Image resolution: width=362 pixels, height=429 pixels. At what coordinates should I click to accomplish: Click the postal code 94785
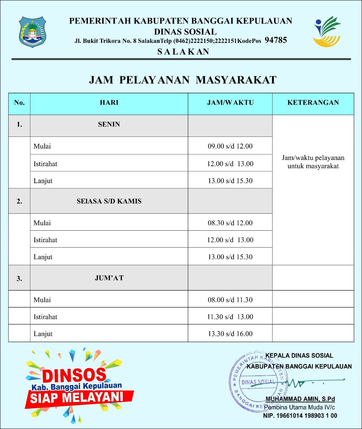pos(276,40)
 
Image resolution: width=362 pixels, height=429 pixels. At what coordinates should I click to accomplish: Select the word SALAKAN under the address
pos(183,51)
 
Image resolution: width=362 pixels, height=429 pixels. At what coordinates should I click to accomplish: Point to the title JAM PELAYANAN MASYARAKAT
pos(183,80)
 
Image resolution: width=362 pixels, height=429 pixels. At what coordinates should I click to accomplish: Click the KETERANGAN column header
pos(313,103)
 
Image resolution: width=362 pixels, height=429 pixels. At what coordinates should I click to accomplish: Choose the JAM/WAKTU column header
pos(230,103)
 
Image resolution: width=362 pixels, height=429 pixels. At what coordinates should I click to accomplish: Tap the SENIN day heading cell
pos(109,124)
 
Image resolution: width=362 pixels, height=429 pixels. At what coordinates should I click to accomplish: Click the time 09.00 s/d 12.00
pos(230,146)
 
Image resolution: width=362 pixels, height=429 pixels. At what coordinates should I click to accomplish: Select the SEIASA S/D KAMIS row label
pos(109,201)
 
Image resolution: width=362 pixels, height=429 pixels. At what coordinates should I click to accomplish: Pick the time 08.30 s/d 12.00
pos(230,223)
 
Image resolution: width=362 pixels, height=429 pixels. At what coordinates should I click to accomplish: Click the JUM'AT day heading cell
pos(109,278)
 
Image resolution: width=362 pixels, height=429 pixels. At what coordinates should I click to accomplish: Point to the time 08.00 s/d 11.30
pos(230,300)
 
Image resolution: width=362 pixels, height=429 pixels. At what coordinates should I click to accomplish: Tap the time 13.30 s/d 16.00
pos(230,334)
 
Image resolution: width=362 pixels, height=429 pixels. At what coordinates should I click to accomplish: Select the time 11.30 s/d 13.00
pos(230,317)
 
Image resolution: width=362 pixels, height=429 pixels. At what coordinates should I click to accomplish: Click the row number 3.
pos(19,279)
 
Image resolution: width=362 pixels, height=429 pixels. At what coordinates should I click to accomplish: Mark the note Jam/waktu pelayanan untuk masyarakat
pos(313,162)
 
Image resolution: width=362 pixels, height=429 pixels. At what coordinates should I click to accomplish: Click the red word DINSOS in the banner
pos(74,375)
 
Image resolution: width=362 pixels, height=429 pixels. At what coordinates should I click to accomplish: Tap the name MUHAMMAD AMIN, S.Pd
pos(300,399)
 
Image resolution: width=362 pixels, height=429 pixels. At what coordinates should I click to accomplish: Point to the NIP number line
pos(300,416)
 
